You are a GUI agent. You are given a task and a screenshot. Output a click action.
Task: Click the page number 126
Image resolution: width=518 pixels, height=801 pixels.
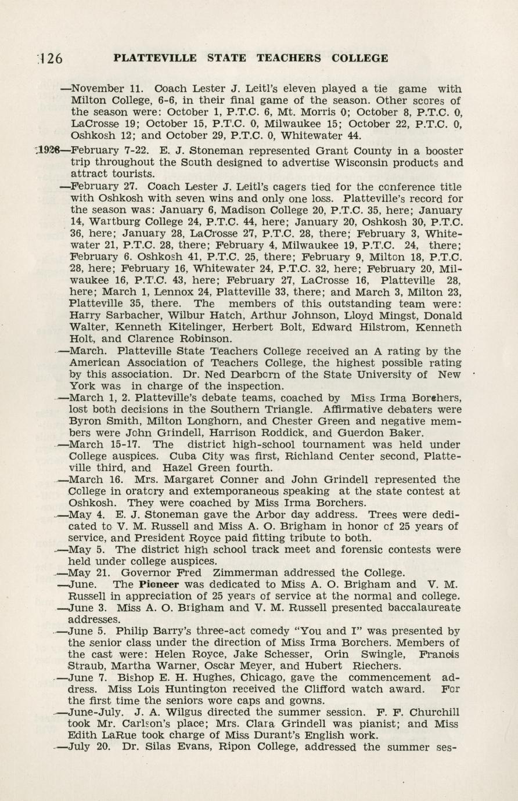click(x=52, y=59)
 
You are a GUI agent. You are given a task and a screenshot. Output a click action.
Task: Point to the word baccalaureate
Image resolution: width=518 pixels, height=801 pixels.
click(x=416, y=608)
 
